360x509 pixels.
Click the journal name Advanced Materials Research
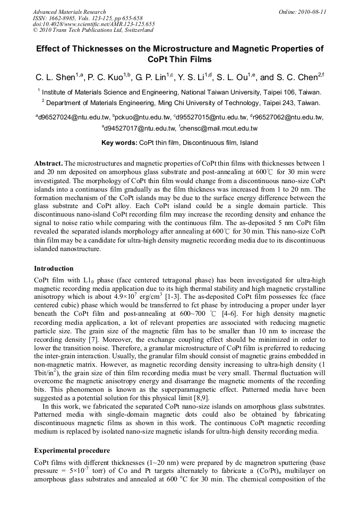69,12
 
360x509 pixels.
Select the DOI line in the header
93,24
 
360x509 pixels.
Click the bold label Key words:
119,143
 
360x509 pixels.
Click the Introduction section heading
54,268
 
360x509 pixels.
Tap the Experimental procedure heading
72,451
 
